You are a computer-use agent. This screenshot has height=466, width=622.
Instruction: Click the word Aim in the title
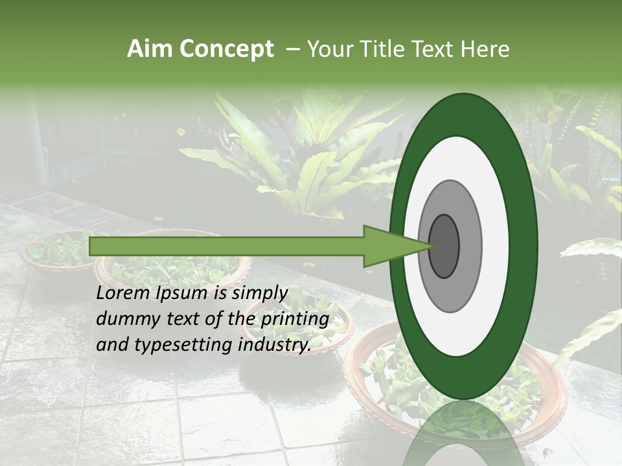pyautogui.click(x=150, y=49)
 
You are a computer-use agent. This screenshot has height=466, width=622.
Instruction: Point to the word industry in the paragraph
pyautogui.click(x=273, y=345)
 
